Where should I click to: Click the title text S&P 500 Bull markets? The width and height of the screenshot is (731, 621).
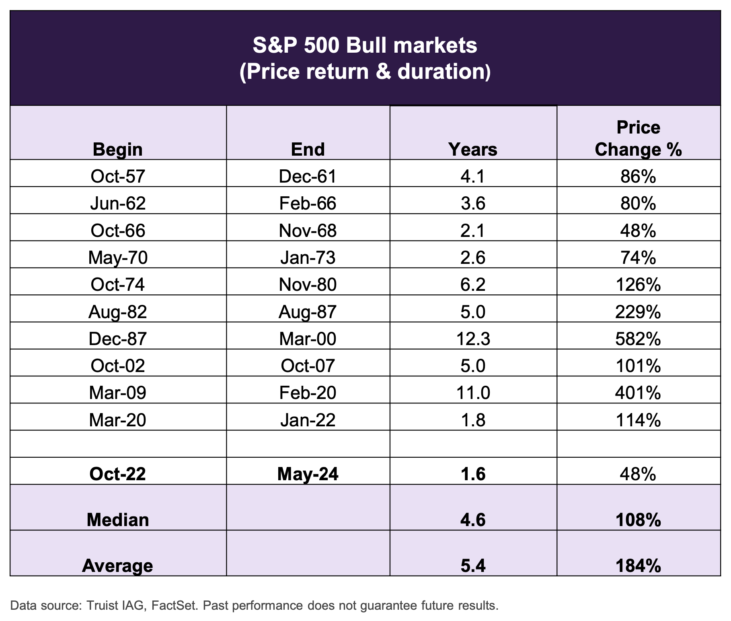tap(365, 45)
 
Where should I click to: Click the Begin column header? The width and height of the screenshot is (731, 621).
tap(118, 150)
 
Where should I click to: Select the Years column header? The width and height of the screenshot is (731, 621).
tap(473, 150)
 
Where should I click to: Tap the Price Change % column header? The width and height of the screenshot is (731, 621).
tap(638, 139)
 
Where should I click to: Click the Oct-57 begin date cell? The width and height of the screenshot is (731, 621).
tap(118, 176)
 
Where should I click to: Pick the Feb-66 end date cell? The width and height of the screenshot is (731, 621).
tap(308, 203)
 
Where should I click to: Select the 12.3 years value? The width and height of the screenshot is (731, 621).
tap(473, 339)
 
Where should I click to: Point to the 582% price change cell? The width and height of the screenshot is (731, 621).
tap(638, 339)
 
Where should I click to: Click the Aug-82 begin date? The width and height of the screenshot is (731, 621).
tap(118, 312)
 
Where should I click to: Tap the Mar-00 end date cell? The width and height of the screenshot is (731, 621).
tap(308, 339)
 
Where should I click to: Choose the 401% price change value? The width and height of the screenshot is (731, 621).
tap(638, 393)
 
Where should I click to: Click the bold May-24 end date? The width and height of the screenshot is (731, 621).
tap(308, 474)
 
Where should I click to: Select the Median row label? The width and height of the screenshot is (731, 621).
tap(118, 520)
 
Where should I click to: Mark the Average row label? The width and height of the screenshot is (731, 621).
tap(118, 565)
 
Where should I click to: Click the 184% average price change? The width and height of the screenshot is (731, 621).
tap(638, 565)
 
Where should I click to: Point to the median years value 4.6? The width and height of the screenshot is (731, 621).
tap(473, 520)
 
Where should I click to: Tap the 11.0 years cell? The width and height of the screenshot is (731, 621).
tap(473, 393)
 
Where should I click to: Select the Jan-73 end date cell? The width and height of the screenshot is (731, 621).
tap(308, 257)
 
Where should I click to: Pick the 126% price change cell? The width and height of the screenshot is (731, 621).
tap(638, 285)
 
